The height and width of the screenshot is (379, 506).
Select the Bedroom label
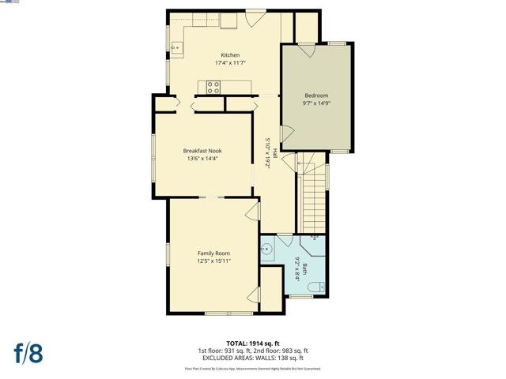coord(315,96)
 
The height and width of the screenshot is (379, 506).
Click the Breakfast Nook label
coord(202,151)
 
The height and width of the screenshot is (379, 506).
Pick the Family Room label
coord(213,253)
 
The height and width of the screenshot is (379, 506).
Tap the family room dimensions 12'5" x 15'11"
coord(213,261)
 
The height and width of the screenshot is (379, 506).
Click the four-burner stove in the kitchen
coord(213,88)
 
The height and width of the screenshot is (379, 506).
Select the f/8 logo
coord(27,353)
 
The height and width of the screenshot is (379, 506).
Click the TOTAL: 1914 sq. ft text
coord(253,343)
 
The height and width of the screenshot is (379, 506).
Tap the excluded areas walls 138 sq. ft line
coord(253,358)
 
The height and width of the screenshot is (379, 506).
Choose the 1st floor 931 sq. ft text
coord(225,351)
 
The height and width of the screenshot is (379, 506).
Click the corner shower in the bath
coord(314,241)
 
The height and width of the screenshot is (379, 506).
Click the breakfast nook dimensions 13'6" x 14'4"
coord(202,159)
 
